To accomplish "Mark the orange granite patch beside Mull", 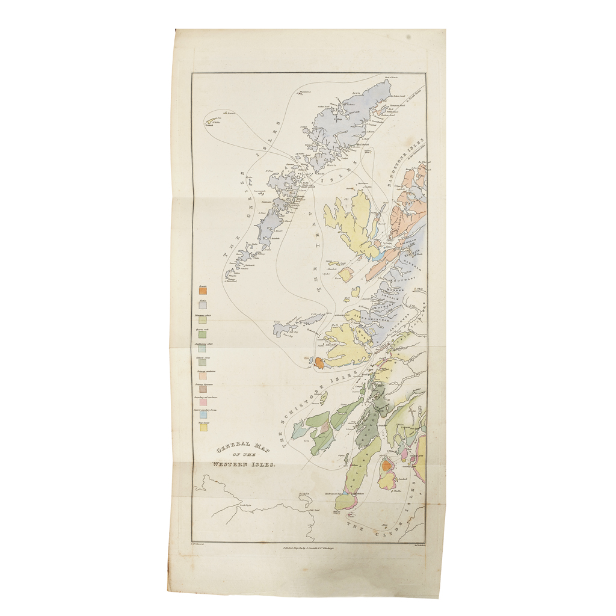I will coord(319,363).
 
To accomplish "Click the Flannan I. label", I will coord(305,91).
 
